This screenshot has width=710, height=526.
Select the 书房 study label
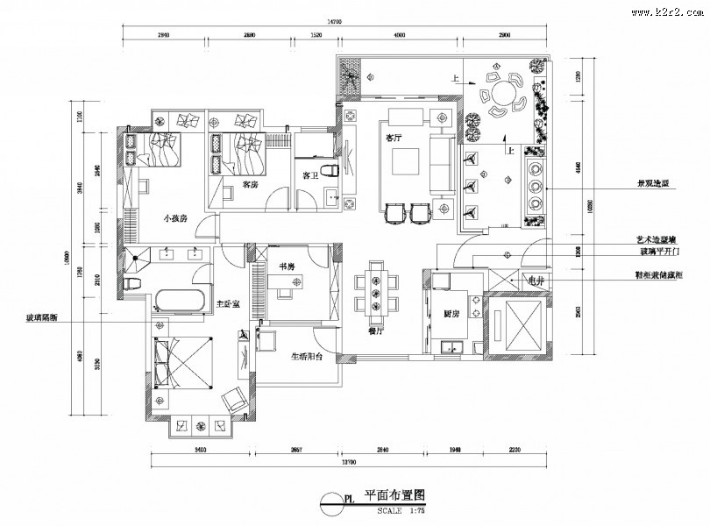[286, 265]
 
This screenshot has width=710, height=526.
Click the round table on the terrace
[504, 93]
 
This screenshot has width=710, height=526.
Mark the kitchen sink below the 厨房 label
[453, 348]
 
